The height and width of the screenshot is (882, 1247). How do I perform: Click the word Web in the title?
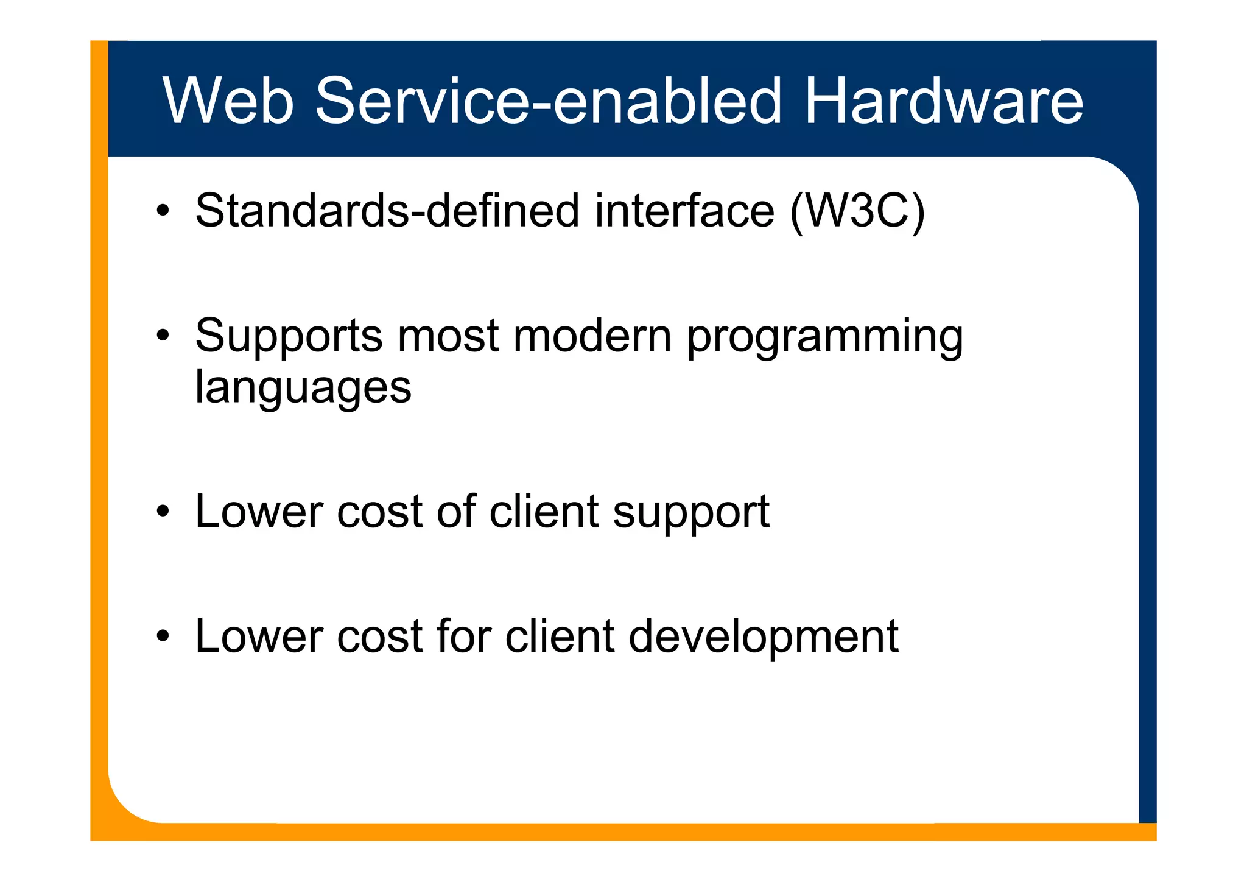tap(228, 101)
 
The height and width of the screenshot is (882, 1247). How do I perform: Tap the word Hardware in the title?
tap(943, 101)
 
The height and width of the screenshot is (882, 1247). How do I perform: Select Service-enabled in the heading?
tap(547, 101)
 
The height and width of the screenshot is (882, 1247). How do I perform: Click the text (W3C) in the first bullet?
tap(857, 211)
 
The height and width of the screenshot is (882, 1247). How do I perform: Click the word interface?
tap(684, 211)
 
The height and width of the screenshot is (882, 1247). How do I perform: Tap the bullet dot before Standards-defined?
tap(162, 211)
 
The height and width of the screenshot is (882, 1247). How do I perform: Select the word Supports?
tap(289, 336)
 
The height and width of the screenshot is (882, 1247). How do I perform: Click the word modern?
tap(592, 336)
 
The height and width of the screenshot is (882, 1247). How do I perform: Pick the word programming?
tap(824, 339)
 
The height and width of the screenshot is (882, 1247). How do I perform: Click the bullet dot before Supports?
tap(162, 336)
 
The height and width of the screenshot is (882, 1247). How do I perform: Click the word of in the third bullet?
tap(456, 511)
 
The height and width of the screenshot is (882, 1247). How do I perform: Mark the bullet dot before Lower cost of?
tap(162, 512)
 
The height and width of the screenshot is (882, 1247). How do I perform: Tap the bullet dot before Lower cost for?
tap(162, 637)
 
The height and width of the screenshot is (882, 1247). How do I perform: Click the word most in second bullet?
tap(448, 336)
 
